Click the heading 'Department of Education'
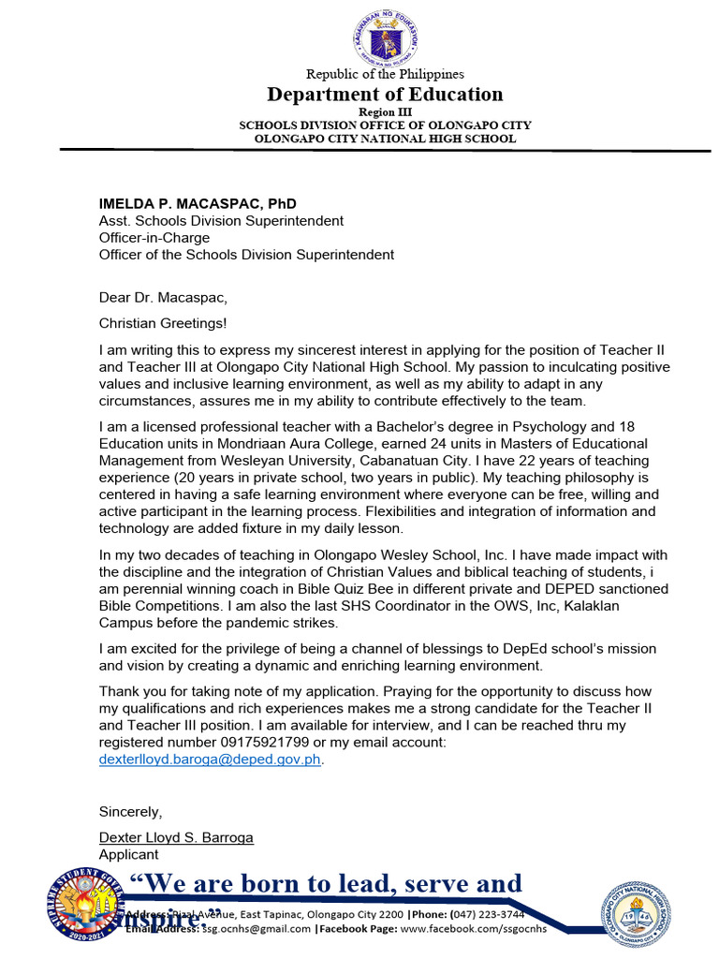click(x=385, y=94)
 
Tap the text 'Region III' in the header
click(x=385, y=111)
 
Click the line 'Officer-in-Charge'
click(x=154, y=238)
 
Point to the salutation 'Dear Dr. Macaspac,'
click(x=163, y=298)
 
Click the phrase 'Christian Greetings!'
click(x=163, y=323)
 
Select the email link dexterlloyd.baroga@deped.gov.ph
click(x=211, y=760)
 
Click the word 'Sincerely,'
click(x=130, y=811)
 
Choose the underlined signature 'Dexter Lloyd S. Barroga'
click(x=176, y=837)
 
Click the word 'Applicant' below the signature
click(x=129, y=854)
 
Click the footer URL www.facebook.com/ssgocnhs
click(x=473, y=929)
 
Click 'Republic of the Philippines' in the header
click(x=385, y=74)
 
